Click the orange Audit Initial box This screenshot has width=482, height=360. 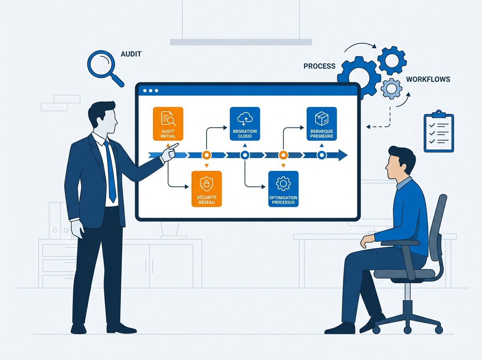pos(168,123)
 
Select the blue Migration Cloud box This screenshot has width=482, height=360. pos(245,123)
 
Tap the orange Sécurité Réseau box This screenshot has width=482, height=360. pos(206,189)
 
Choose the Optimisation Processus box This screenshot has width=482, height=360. pos(283,189)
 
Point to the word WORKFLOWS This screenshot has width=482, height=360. pos(428,79)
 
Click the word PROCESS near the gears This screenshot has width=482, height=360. pos(319,66)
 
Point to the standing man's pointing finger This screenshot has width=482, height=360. pos(175,145)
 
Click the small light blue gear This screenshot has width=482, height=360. pos(391,88)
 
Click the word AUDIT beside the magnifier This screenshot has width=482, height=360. pos(131,54)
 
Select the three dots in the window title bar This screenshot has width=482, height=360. pos(151,91)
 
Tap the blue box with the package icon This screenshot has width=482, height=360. pos(321,123)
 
